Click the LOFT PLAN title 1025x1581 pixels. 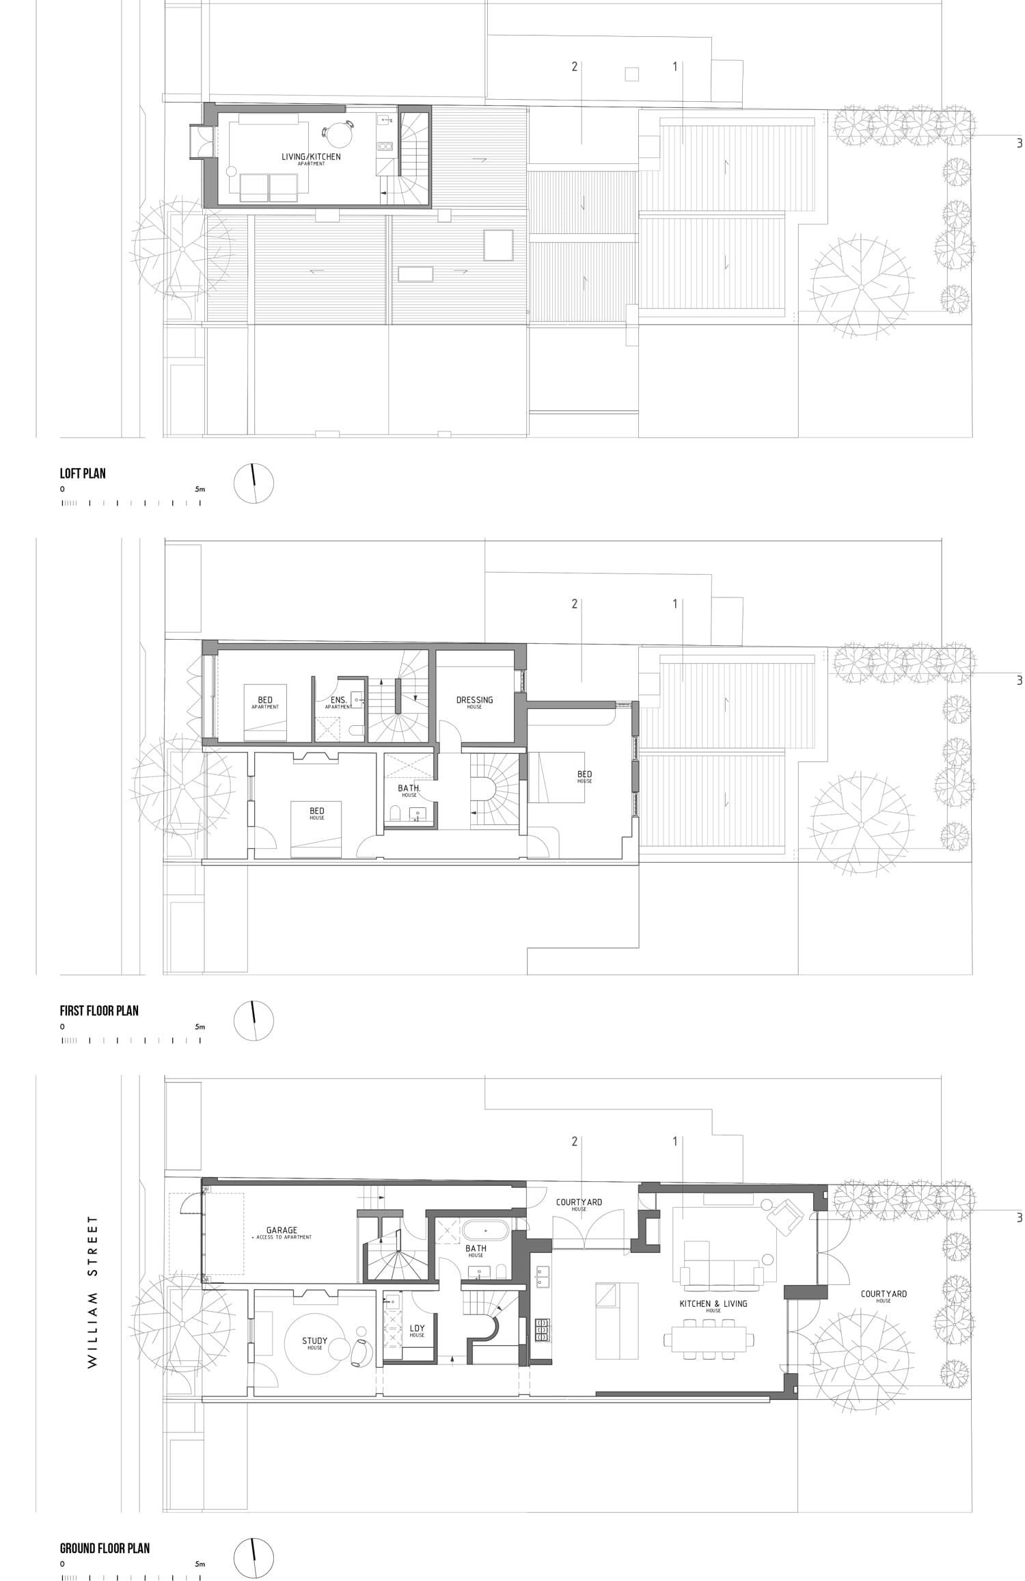[83, 473]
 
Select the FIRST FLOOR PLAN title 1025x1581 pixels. [99, 1010]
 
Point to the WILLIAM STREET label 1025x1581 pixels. [93, 1291]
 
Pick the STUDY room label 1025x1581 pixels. [314, 1341]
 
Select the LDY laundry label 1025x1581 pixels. [417, 1329]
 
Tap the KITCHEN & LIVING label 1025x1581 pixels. [713, 1303]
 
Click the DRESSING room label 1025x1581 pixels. [474, 700]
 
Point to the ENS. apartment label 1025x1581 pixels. [339, 701]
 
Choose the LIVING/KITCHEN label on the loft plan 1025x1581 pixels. [311, 157]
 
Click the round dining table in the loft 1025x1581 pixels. [337, 134]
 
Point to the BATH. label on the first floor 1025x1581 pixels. [409, 789]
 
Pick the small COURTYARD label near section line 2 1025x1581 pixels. [579, 1202]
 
